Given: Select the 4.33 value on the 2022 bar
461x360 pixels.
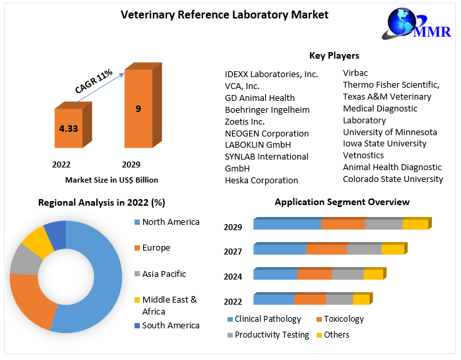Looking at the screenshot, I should click(69, 129).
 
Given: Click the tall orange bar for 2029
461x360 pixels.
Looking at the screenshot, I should click(138, 109).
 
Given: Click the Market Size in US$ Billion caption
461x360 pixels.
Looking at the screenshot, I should click(111, 179).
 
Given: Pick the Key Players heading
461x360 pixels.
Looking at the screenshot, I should click(334, 55).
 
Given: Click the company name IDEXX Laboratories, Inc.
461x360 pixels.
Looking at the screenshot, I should click(271, 74).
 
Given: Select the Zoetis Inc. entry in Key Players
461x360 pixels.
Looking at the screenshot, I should click(245, 121).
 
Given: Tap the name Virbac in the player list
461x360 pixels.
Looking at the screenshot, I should click(355, 73).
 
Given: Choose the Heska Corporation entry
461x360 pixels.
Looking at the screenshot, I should click(261, 180).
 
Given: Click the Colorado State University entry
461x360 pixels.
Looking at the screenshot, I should click(393, 179).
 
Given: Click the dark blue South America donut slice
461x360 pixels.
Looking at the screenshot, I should click(56, 235).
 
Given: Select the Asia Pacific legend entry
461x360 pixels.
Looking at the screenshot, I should click(164, 274).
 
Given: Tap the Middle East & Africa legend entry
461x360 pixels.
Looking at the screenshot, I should click(169, 305).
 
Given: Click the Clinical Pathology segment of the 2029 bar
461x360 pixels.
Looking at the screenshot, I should click(288, 224).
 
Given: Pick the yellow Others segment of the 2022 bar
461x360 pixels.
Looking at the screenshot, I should click(361, 299).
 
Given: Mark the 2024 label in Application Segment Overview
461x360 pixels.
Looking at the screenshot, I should click(233, 276).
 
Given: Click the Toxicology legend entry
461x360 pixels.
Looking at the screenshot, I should click(344, 319).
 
